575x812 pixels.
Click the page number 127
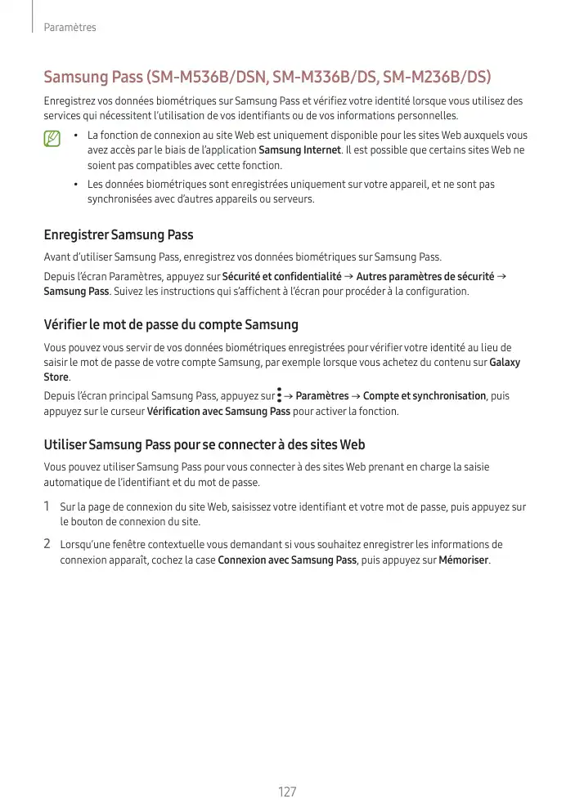[x=287, y=792]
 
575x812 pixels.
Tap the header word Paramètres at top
[x=70, y=28]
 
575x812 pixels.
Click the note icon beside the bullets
[x=53, y=140]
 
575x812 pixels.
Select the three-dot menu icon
[x=279, y=395]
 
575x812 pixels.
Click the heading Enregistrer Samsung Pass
[x=118, y=235]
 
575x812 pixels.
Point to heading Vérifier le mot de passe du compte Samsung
[x=170, y=325]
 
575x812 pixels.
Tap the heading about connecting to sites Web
[x=204, y=445]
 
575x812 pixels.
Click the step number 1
[x=47, y=506]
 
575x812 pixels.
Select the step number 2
[x=47, y=544]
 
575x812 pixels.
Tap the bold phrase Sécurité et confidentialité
[x=281, y=276]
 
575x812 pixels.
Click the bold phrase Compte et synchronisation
[x=424, y=396]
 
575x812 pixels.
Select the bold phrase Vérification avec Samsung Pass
[x=218, y=411]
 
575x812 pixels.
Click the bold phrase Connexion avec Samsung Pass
[x=287, y=560]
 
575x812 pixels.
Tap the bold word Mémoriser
[x=464, y=560]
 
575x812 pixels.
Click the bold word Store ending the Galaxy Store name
[x=56, y=377]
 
